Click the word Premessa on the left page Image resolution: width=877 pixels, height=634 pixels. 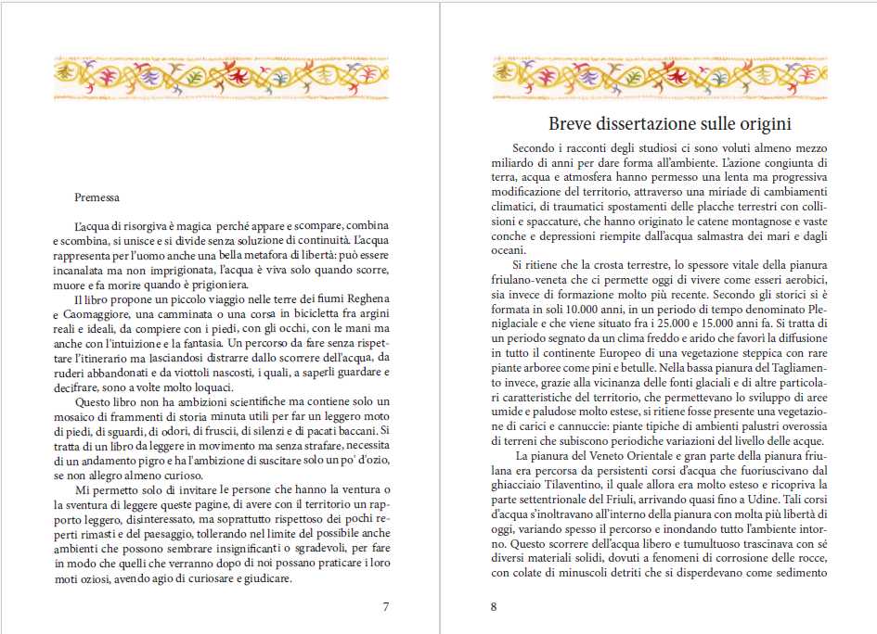[x=97, y=197]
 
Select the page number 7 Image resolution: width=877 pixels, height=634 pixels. [x=386, y=606]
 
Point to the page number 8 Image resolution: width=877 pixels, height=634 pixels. [x=494, y=606]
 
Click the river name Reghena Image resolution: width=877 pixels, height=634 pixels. [x=367, y=300]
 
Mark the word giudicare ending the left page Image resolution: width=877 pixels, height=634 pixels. [x=265, y=579]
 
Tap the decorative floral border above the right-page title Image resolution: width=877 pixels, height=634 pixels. [x=658, y=80]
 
